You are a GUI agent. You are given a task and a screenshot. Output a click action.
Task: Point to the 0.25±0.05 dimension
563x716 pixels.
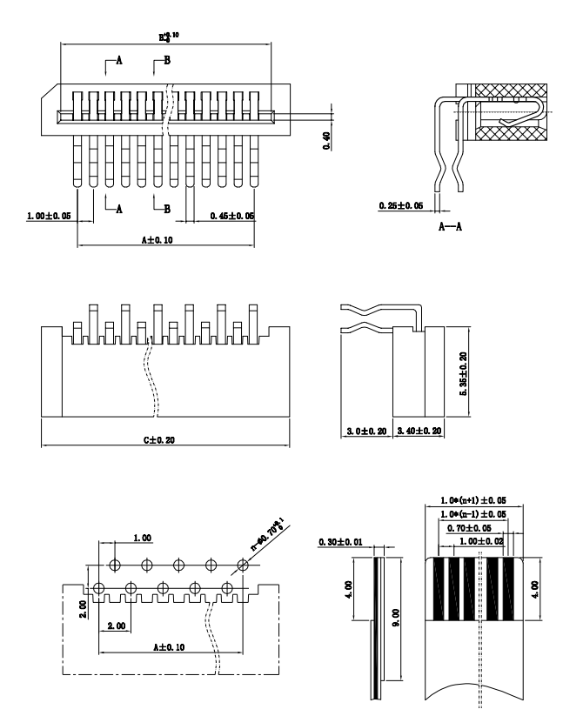point(402,205)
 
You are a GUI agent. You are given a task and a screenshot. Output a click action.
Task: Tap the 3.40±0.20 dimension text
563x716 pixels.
point(420,430)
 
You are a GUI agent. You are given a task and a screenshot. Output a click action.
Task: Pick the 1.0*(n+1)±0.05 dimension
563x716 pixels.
point(473,502)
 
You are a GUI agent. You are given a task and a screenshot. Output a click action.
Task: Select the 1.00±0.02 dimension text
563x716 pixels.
point(479,540)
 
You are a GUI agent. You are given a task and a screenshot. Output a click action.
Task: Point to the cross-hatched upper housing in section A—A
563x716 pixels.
point(510,91)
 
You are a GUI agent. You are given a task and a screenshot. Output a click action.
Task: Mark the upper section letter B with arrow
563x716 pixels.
point(167,59)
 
